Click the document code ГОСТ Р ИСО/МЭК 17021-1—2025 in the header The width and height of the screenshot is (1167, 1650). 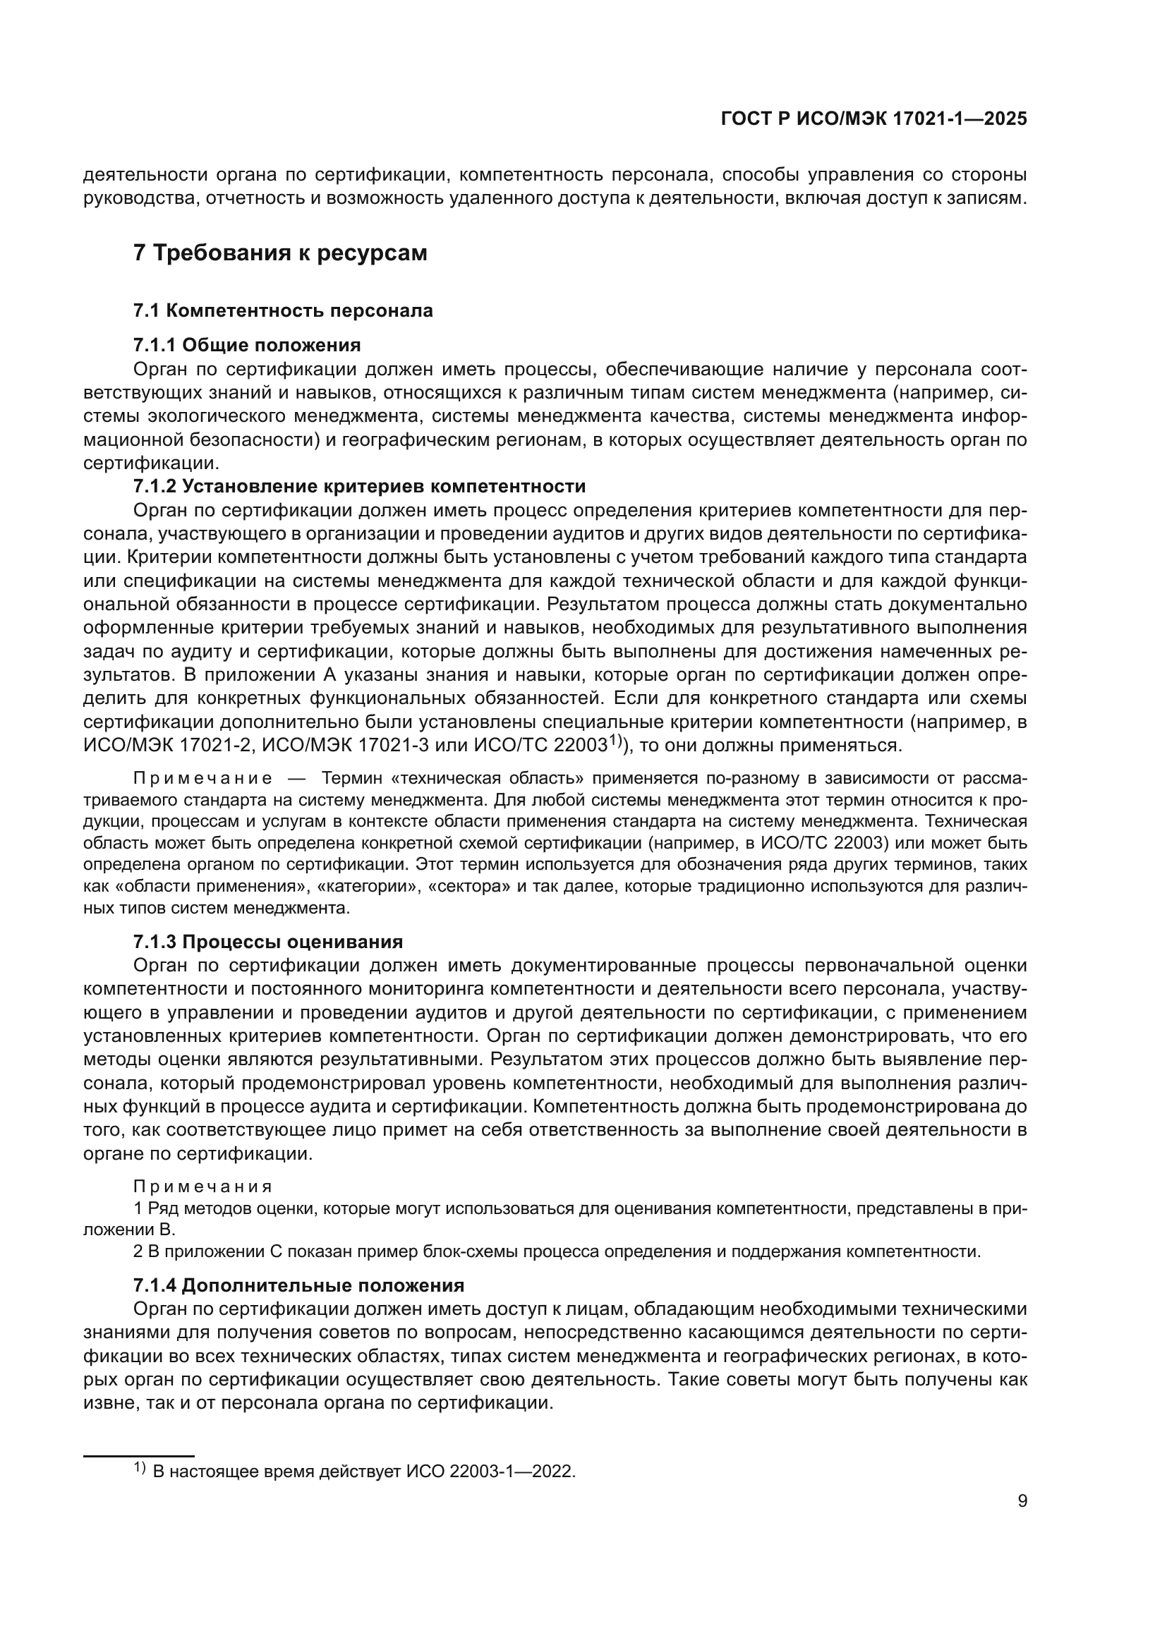pos(873,119)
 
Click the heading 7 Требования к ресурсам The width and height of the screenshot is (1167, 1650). pos(279,253)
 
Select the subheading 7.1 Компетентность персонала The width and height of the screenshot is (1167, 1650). pos(282,310)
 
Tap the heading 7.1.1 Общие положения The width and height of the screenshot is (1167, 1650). pos(246,345)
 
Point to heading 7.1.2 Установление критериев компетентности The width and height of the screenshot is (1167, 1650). pos(358,487)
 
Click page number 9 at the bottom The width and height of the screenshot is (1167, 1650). pos(1022,1500)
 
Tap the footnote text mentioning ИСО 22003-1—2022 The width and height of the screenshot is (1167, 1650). pos(364,1471)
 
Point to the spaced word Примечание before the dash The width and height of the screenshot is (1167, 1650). pos(202,778)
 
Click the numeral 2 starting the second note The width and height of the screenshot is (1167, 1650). pos(138,1251)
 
